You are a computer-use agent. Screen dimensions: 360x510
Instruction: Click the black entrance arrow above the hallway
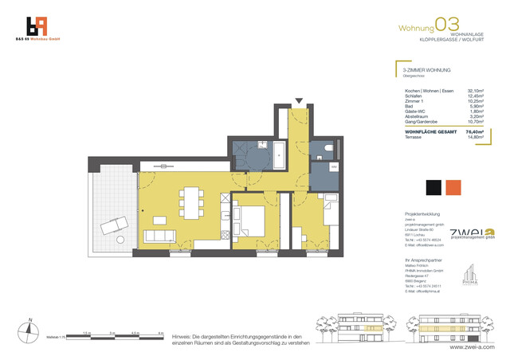tap(299, 101)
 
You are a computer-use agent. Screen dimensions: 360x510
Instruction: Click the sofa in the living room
tap(161, 236)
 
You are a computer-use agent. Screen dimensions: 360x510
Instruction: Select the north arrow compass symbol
tap(29, 328)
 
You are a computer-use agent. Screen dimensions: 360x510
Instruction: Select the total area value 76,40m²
tap(473, 131)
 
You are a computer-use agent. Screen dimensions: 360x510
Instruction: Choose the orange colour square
tap(453, 187)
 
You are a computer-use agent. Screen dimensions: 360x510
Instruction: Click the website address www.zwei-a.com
tap(472, 347)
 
